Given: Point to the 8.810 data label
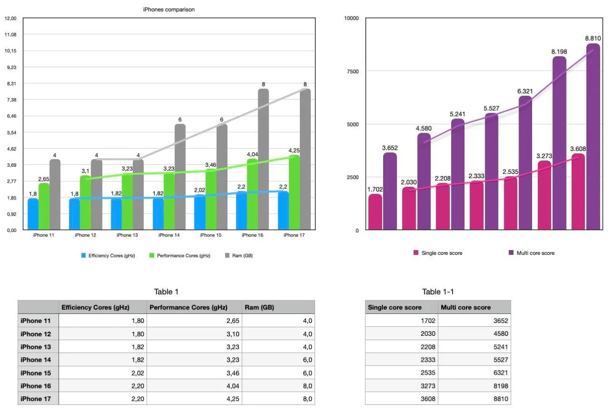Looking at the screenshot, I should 593,38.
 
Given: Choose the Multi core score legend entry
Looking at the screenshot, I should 535,253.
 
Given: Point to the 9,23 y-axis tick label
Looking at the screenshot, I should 10,67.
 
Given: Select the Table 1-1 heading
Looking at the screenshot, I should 438,292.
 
